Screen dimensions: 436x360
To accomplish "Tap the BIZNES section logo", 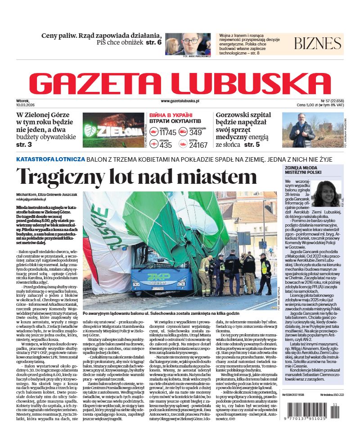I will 317,44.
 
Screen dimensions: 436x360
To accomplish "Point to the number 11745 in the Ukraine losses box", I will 168,132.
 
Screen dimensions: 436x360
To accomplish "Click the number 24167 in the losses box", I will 198,145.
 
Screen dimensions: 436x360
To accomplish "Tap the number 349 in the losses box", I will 195,132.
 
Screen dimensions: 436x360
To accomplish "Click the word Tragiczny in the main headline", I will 68,176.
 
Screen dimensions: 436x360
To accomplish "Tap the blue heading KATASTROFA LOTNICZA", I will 50,159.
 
